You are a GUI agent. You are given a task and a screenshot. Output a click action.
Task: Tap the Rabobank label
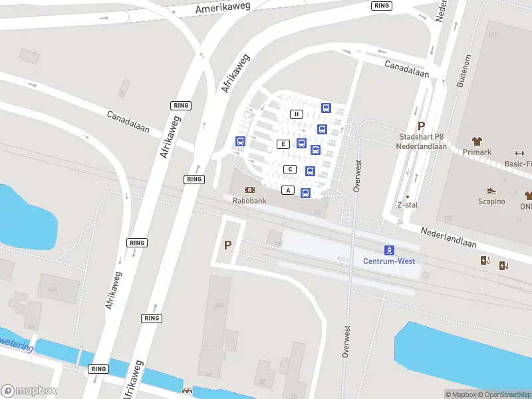tap(249, 200)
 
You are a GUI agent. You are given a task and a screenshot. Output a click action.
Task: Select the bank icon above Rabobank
tap(249, 190)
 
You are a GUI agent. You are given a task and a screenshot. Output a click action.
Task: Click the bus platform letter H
tap(297, 114)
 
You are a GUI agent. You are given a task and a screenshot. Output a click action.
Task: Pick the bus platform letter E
tap(283, 144)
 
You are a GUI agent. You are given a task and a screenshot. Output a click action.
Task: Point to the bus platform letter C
tap(290, 169)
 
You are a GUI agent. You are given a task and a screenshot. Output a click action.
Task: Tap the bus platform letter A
tap(288, 191)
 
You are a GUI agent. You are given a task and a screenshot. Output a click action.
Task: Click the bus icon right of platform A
tap(305, 193)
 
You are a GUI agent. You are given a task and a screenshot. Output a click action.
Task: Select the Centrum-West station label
tap(389, 261)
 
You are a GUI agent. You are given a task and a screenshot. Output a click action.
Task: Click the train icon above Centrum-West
tap(389, 250)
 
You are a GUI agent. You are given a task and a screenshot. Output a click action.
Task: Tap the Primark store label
tap(477, 152)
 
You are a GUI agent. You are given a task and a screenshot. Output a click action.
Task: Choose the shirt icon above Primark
tap(477, 141)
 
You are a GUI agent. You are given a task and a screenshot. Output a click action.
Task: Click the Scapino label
tap(491, 201)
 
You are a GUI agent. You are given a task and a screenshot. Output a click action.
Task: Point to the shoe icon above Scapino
tap(491, 191)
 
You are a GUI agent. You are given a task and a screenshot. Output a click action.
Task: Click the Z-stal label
tap(407, 205)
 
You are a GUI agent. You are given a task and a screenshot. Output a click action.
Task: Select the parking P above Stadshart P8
tap(420, 126)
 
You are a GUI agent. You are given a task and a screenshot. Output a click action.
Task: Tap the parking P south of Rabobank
tap(227, 245)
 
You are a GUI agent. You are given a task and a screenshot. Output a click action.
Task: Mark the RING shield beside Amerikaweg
tap(382, 5)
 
